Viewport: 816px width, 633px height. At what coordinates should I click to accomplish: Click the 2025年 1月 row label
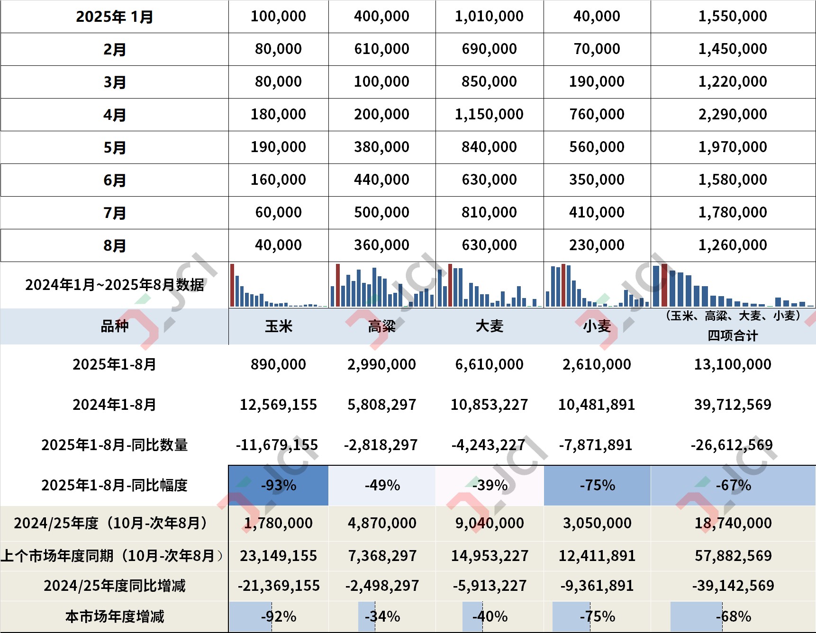coord(115,17)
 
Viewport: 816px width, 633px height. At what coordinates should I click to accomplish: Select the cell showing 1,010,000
coord(489,17)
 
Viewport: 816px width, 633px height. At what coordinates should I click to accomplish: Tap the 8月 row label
coord(115,245)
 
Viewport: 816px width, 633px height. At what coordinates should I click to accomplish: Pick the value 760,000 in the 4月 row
coord(597,115)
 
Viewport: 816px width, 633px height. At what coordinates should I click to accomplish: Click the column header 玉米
coord(279,326)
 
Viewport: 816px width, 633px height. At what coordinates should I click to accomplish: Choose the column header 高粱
coord(382,326)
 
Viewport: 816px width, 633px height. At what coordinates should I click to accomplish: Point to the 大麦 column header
coord(489,326)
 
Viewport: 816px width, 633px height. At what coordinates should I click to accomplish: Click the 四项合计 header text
coord(733,335)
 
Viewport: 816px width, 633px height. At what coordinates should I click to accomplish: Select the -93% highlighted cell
coord(279,486)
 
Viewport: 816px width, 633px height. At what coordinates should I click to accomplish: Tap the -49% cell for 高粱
coord(382,486)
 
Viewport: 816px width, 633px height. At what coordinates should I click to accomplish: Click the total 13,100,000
coord(733,364)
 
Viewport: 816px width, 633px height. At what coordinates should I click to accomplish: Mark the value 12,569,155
coord(279,405)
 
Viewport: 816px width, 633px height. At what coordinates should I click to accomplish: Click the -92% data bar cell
coord(279,616)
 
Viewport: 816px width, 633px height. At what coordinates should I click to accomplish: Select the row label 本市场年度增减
coord(115,616)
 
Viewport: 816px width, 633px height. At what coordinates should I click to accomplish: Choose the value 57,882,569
coord(733,556)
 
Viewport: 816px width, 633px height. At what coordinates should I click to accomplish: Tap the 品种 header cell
coord(115,326)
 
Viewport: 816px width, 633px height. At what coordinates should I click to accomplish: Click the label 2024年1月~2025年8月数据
coord(115,285)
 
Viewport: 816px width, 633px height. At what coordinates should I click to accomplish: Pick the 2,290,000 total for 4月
coord(733,115)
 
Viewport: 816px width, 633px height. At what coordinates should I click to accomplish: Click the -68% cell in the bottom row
coord(733,616)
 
